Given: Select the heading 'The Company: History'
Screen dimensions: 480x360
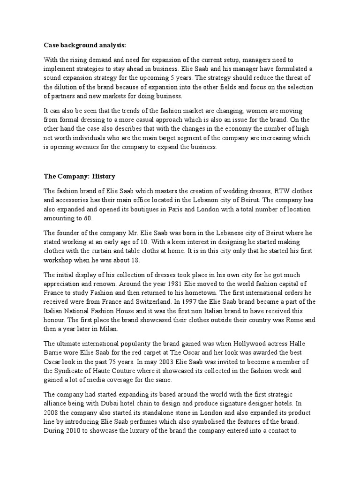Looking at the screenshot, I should (x=79, y=176).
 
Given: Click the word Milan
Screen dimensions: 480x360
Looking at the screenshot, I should (x=107, y=328).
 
